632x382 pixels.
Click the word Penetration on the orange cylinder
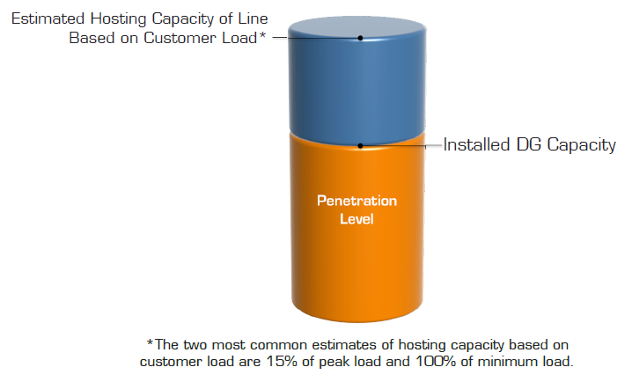pos(356,201)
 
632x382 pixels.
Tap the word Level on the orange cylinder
pos(356,219)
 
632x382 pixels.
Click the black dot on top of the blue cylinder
pos(360,38)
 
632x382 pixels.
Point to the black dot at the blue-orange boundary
pos(360,146)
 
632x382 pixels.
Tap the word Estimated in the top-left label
pos(48,18)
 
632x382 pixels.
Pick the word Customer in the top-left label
pos(180,38)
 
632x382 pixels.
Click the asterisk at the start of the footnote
pos(150,342)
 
